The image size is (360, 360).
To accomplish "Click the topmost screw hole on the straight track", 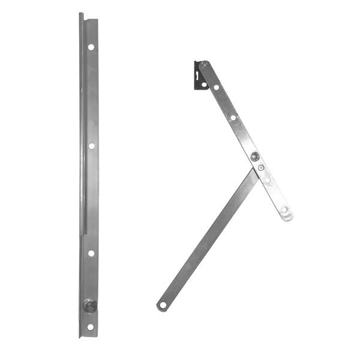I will coord(91,47).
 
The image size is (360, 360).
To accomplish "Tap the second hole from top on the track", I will coord(91,146).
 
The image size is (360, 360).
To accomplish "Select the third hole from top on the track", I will coord(91,253).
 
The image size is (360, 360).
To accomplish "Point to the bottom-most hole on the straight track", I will coord(90,327).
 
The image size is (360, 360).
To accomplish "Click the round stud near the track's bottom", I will coord(90,305).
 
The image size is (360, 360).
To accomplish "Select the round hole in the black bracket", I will coord(204,85).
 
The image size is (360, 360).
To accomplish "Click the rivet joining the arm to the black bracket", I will coord(203,65).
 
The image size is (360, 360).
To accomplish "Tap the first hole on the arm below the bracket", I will coord(216,88).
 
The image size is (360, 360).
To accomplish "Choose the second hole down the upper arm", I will coord(233,118).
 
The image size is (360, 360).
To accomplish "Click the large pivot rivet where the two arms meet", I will coord(255,157).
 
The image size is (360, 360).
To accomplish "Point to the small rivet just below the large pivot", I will coord(261,168).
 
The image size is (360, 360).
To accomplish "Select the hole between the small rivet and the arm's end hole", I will coord(268,179).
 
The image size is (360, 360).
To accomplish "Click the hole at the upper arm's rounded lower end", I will coord(284,210).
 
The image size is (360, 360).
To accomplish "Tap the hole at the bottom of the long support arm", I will coord(163,305).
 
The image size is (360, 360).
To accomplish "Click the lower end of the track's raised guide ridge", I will coord(84,234).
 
